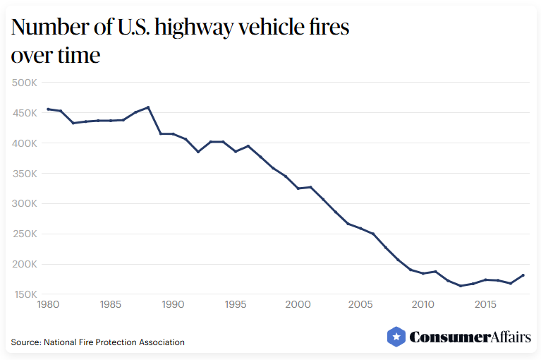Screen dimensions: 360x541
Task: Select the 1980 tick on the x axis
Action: pyautogui.click(x=47, y=305)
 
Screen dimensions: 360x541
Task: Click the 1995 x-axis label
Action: pyautogui.click(x=235, y=305)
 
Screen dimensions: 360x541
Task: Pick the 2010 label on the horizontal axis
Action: pyautogui.click(x=423, y=305)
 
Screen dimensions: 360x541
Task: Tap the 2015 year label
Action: pyautogui.click(x=485, y=305)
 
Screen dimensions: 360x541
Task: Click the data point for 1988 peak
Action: pyautogui.click(x=147, y=107)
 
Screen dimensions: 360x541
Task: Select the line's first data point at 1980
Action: pyautogui.click(x=47, y=109)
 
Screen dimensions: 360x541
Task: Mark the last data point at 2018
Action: pyautogui.click(x=523, y=275)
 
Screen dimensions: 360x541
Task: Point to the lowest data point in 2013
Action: pyautogui.click(x=461, y=286)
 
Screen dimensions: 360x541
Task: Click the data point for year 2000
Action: pyautogui.click(x=298, y=188)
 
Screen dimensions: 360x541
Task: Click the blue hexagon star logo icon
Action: pyautogui.click(x=396, y=337)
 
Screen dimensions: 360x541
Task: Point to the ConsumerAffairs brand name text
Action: pyautogui.click(x=470, y=337)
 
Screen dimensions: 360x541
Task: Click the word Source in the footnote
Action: pyautogui.click(x=25, y=342)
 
